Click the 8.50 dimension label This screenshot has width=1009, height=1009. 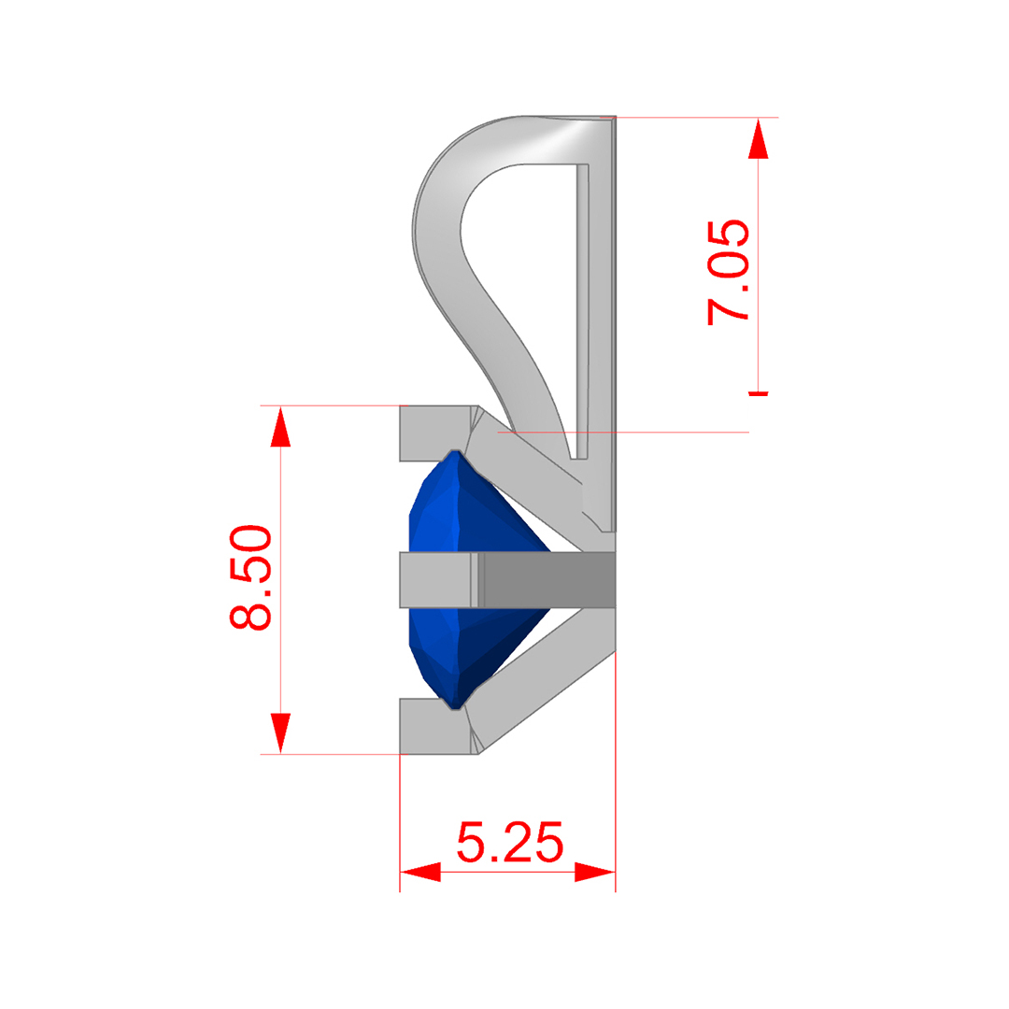point(251,577)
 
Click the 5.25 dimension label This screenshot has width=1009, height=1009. point(510,842)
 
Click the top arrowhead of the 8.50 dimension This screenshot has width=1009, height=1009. point(280,426)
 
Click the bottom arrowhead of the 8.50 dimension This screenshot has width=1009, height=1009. point(280,733)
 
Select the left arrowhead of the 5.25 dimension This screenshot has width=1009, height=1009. point(420,873)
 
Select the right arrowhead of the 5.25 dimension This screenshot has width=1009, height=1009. point(594,873)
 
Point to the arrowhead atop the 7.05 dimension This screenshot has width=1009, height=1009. point(759,138)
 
